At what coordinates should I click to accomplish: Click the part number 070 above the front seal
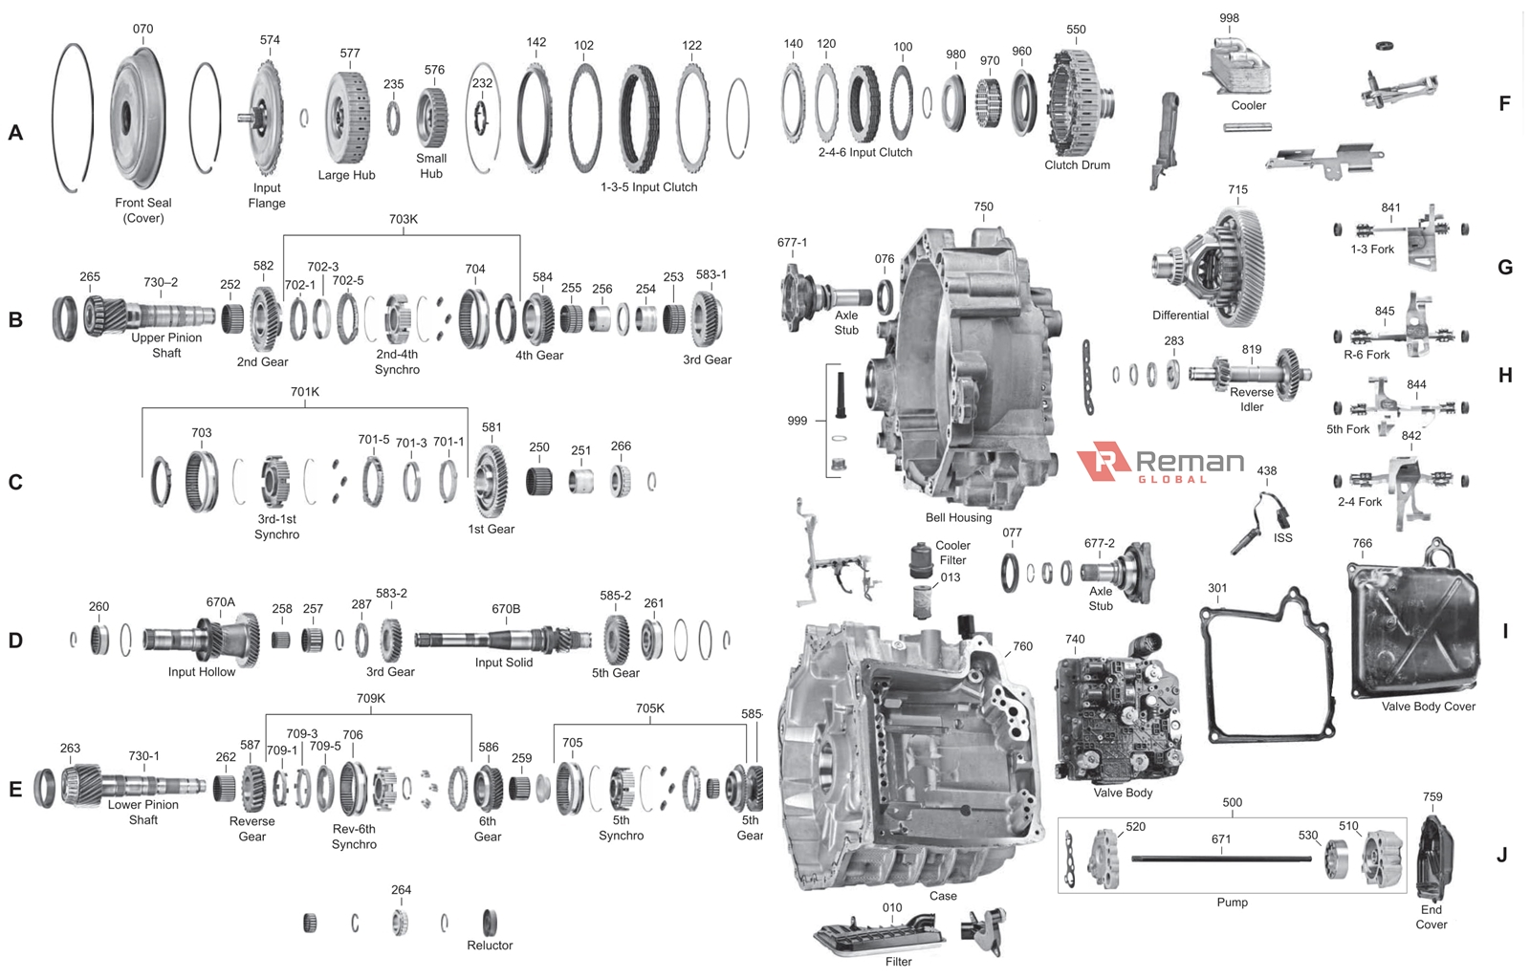142,29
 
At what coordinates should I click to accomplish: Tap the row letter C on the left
15,482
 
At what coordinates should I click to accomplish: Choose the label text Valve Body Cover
1428,707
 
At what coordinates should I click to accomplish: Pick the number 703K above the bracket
403,219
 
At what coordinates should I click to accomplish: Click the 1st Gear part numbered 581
491,480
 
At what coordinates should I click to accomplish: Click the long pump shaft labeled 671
1221,859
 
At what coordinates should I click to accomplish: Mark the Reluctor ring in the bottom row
490,922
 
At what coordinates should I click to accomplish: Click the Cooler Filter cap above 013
921,560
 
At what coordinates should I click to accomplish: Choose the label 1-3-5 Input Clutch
648,187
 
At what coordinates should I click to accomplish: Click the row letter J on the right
1501,855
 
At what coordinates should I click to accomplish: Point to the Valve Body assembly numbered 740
1117,712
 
